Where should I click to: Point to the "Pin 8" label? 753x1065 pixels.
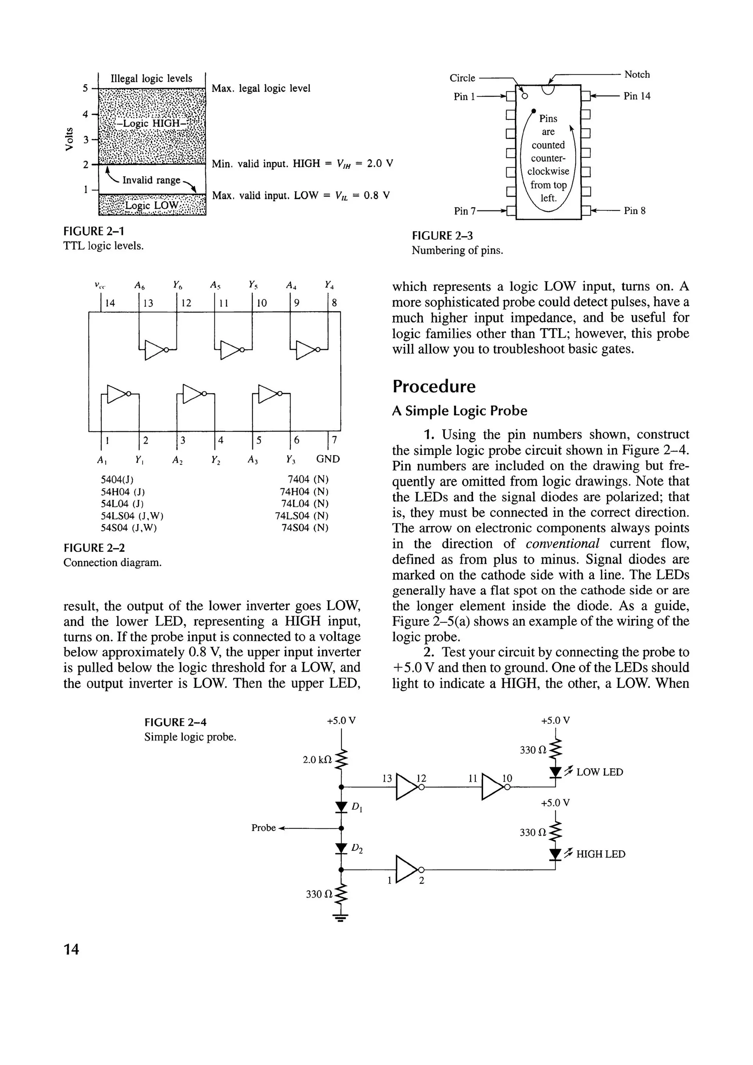634,211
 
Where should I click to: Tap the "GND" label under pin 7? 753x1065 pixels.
328,459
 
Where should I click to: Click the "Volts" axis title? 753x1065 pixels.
69,139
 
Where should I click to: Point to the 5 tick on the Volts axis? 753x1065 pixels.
85,88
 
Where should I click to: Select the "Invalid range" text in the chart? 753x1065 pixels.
151,180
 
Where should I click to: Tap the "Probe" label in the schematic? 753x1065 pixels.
263,828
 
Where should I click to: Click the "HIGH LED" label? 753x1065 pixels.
600,854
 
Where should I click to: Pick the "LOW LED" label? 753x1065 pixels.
600,772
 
